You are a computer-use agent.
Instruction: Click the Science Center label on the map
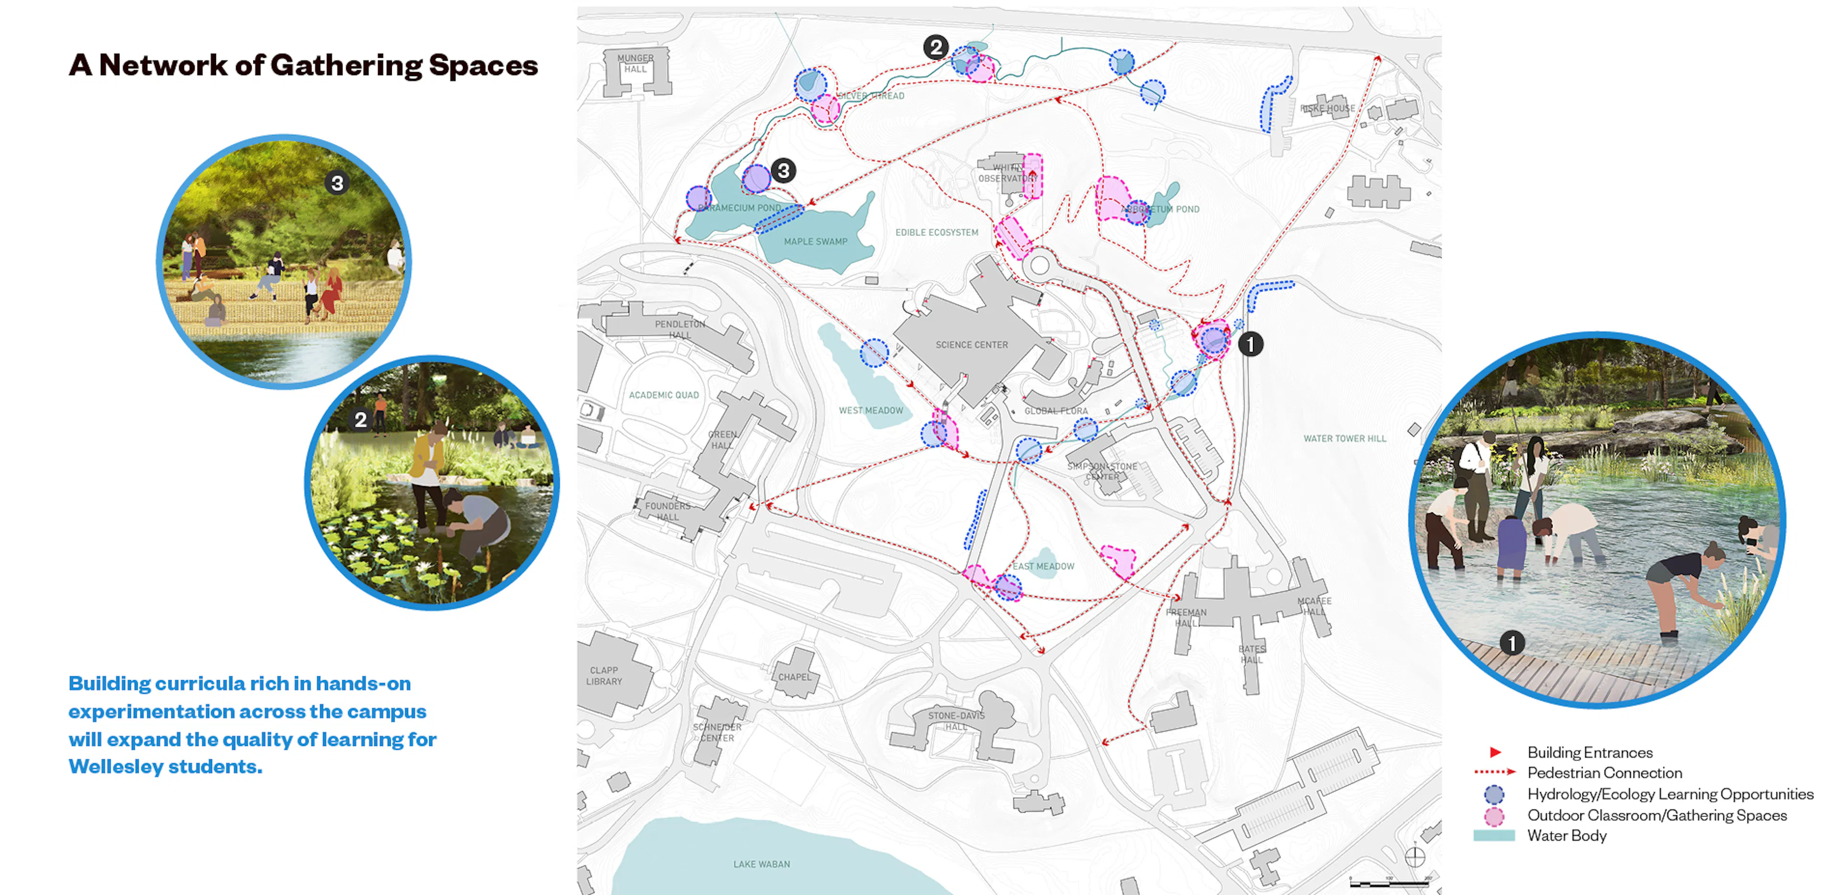[x=971, y=345]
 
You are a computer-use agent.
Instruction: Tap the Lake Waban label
[x=762, y=863]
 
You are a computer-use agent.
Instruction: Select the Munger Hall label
[x=636, y=64]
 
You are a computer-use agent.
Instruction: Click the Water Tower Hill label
[x=1344, y=438]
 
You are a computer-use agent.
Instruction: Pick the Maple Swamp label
[x=816, y=241]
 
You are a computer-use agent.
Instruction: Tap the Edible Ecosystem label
[x=937, y=232]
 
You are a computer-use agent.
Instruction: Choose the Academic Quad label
[x=664, y=394]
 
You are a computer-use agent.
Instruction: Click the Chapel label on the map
[x=794, y=677]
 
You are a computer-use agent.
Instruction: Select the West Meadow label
[x=871, y=410]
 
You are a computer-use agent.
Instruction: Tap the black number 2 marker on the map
[x=935, y=47]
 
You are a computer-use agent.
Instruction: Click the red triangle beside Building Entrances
[x=1495, y=752]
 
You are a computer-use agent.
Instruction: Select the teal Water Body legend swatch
[x=1494, y=836]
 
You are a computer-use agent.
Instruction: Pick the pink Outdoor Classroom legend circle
[x=1494, y=815]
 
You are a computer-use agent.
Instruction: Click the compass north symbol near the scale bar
[x=1414, y=857]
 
